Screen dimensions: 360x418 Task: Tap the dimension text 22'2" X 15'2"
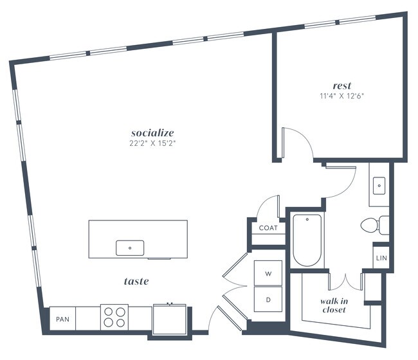(x=152, y=143)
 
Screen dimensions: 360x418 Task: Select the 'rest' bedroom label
(x=341, y=85)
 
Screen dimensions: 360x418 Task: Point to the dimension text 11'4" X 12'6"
(x=341, y=96)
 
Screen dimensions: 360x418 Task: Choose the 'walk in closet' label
(x=333, y=305)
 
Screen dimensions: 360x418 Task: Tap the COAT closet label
(x=268, y=228)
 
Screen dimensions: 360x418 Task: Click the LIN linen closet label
(x=380, y=259)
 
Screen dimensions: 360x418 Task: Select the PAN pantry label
(x=62, y=319)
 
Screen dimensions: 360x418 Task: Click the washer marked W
(x=268, y=273)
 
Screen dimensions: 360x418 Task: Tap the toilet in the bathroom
(x=374, y=225)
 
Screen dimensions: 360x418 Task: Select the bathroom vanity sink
(x=379, y=186)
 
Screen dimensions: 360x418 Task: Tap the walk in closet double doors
(x=346, y=280)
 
